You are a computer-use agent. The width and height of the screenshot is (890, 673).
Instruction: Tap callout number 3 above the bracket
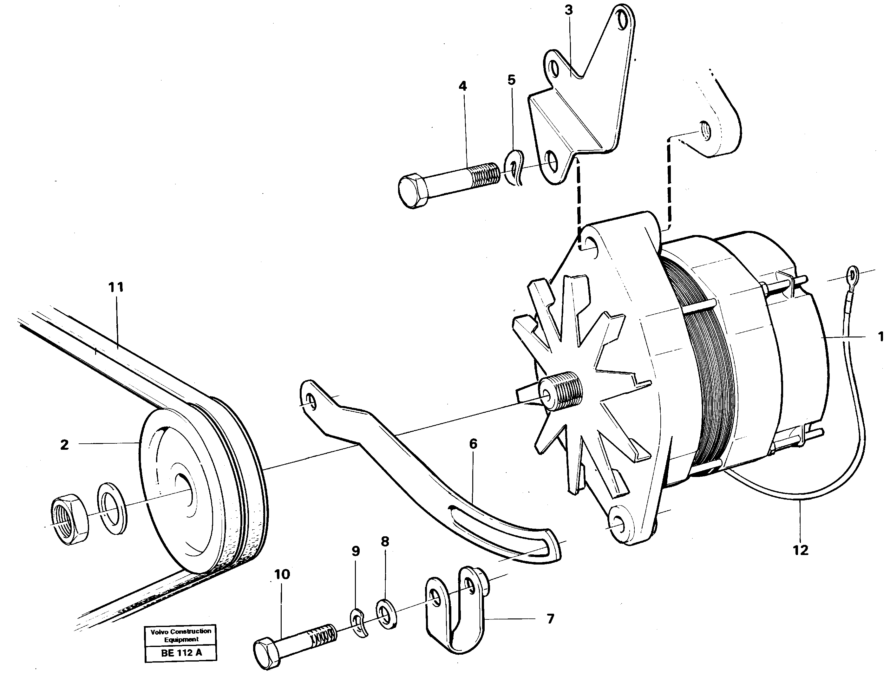[x=568, y=10]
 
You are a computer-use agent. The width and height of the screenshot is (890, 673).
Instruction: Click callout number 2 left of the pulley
[x=64, y=445]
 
